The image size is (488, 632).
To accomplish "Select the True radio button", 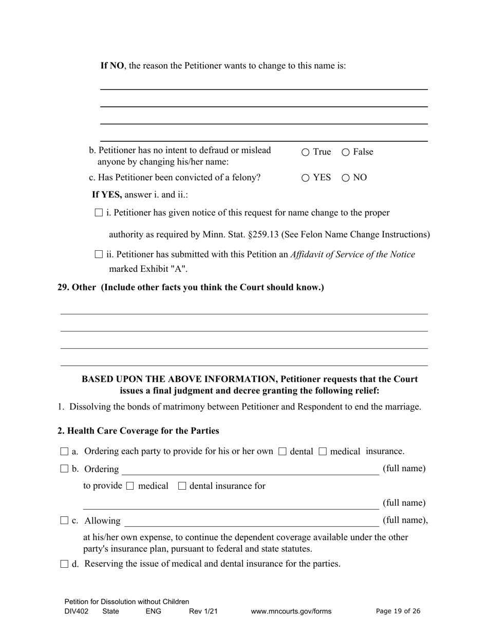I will click(306, 152).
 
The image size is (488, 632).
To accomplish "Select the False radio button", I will click(346, 152).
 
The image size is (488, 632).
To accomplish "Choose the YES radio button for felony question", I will click(306, 178).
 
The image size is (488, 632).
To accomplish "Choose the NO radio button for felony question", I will click(346, 178).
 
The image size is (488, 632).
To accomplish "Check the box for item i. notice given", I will click(99, 213).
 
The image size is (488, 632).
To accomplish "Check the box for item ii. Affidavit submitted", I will click(99, 254).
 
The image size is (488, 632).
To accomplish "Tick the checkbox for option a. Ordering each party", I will click(64, 452).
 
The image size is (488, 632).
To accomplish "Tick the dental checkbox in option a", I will click(282, 452).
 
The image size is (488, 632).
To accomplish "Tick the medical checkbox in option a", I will click(323, 452).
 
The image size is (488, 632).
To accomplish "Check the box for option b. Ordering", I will click(64, 469).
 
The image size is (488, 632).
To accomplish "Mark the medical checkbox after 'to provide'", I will click(130, 486).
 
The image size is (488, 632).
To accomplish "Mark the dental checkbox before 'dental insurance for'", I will click(182, 486).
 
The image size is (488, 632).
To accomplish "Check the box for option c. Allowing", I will click(64, 521).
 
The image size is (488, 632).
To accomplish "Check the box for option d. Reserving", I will click(64, 564).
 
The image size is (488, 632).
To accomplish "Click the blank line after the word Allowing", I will click(252, 522).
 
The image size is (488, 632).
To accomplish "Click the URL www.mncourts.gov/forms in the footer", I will click(291, 611).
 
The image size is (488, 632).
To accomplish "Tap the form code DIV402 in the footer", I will click(77, 611).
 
